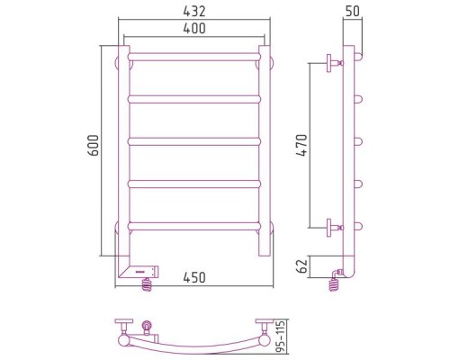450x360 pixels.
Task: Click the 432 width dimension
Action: pos(194,12)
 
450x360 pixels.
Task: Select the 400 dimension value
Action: pos(194,28)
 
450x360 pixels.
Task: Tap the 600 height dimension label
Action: pos(94,146)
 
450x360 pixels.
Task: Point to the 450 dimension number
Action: pos(194,277)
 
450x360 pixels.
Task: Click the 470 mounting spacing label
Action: pos(301,145)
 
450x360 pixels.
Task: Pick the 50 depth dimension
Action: pos(352,12)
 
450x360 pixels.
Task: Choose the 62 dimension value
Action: pos(303,265)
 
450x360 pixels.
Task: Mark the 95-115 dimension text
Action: pos(281,337)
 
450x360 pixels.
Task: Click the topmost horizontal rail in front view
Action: pos(194,57)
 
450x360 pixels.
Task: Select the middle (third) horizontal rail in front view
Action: pos(194,141)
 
